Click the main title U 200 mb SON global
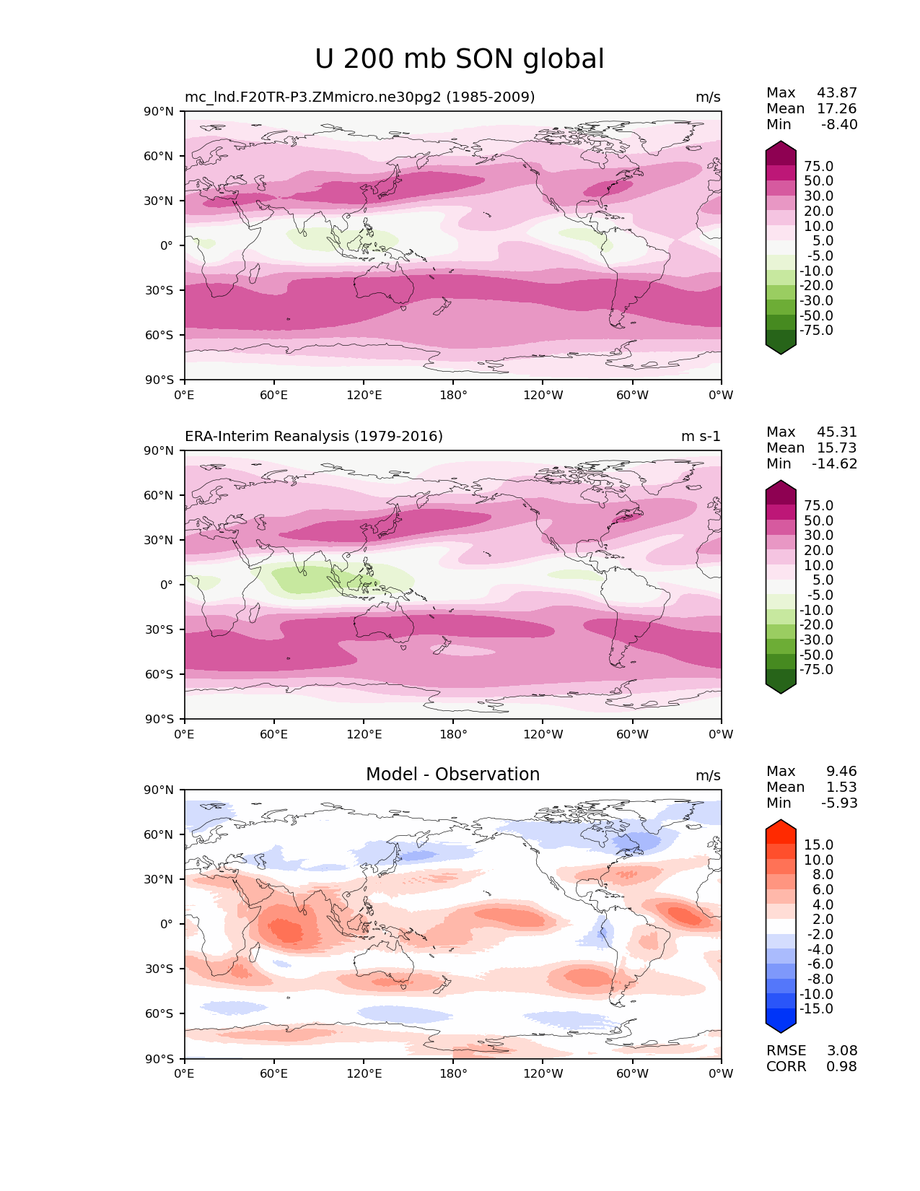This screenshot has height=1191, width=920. pos(459,59)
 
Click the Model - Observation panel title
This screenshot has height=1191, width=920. pos(452,775)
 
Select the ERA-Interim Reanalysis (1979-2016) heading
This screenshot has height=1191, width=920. pos(314,436)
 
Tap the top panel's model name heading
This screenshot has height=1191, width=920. pos(359,97)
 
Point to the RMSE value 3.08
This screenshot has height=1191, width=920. pos(841,1050)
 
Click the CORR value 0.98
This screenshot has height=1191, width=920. pos(841,1066)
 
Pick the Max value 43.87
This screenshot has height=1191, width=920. pos(837,92)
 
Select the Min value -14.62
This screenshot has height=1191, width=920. pos(835,463)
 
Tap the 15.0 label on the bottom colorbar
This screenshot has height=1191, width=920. pos(818,845)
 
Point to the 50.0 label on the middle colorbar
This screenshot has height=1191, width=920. pos(818,520)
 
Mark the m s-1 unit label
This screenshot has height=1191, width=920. pos(701,436)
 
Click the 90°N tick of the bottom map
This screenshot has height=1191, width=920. pos(160,790)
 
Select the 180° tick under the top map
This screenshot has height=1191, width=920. pos(453,395)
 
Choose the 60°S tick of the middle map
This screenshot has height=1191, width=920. pos(160,674)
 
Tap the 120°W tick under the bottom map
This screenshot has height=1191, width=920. pos(543,1073)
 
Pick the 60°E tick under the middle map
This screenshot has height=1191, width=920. pos(274,734)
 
